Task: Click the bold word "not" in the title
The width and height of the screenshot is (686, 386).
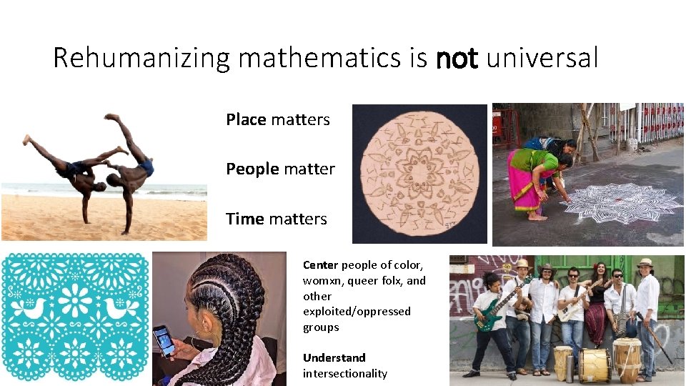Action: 456,59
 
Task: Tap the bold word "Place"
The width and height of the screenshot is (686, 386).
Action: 246,119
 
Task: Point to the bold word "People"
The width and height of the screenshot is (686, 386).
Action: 252,169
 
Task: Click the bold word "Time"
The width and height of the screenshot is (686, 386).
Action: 245,219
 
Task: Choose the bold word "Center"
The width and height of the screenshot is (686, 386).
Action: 319,264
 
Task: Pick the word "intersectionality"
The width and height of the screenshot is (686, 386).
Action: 344,373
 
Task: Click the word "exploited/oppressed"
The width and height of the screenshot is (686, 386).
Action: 357,312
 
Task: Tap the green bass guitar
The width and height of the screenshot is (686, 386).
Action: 493,315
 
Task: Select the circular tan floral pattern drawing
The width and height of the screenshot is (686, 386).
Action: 419,174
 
